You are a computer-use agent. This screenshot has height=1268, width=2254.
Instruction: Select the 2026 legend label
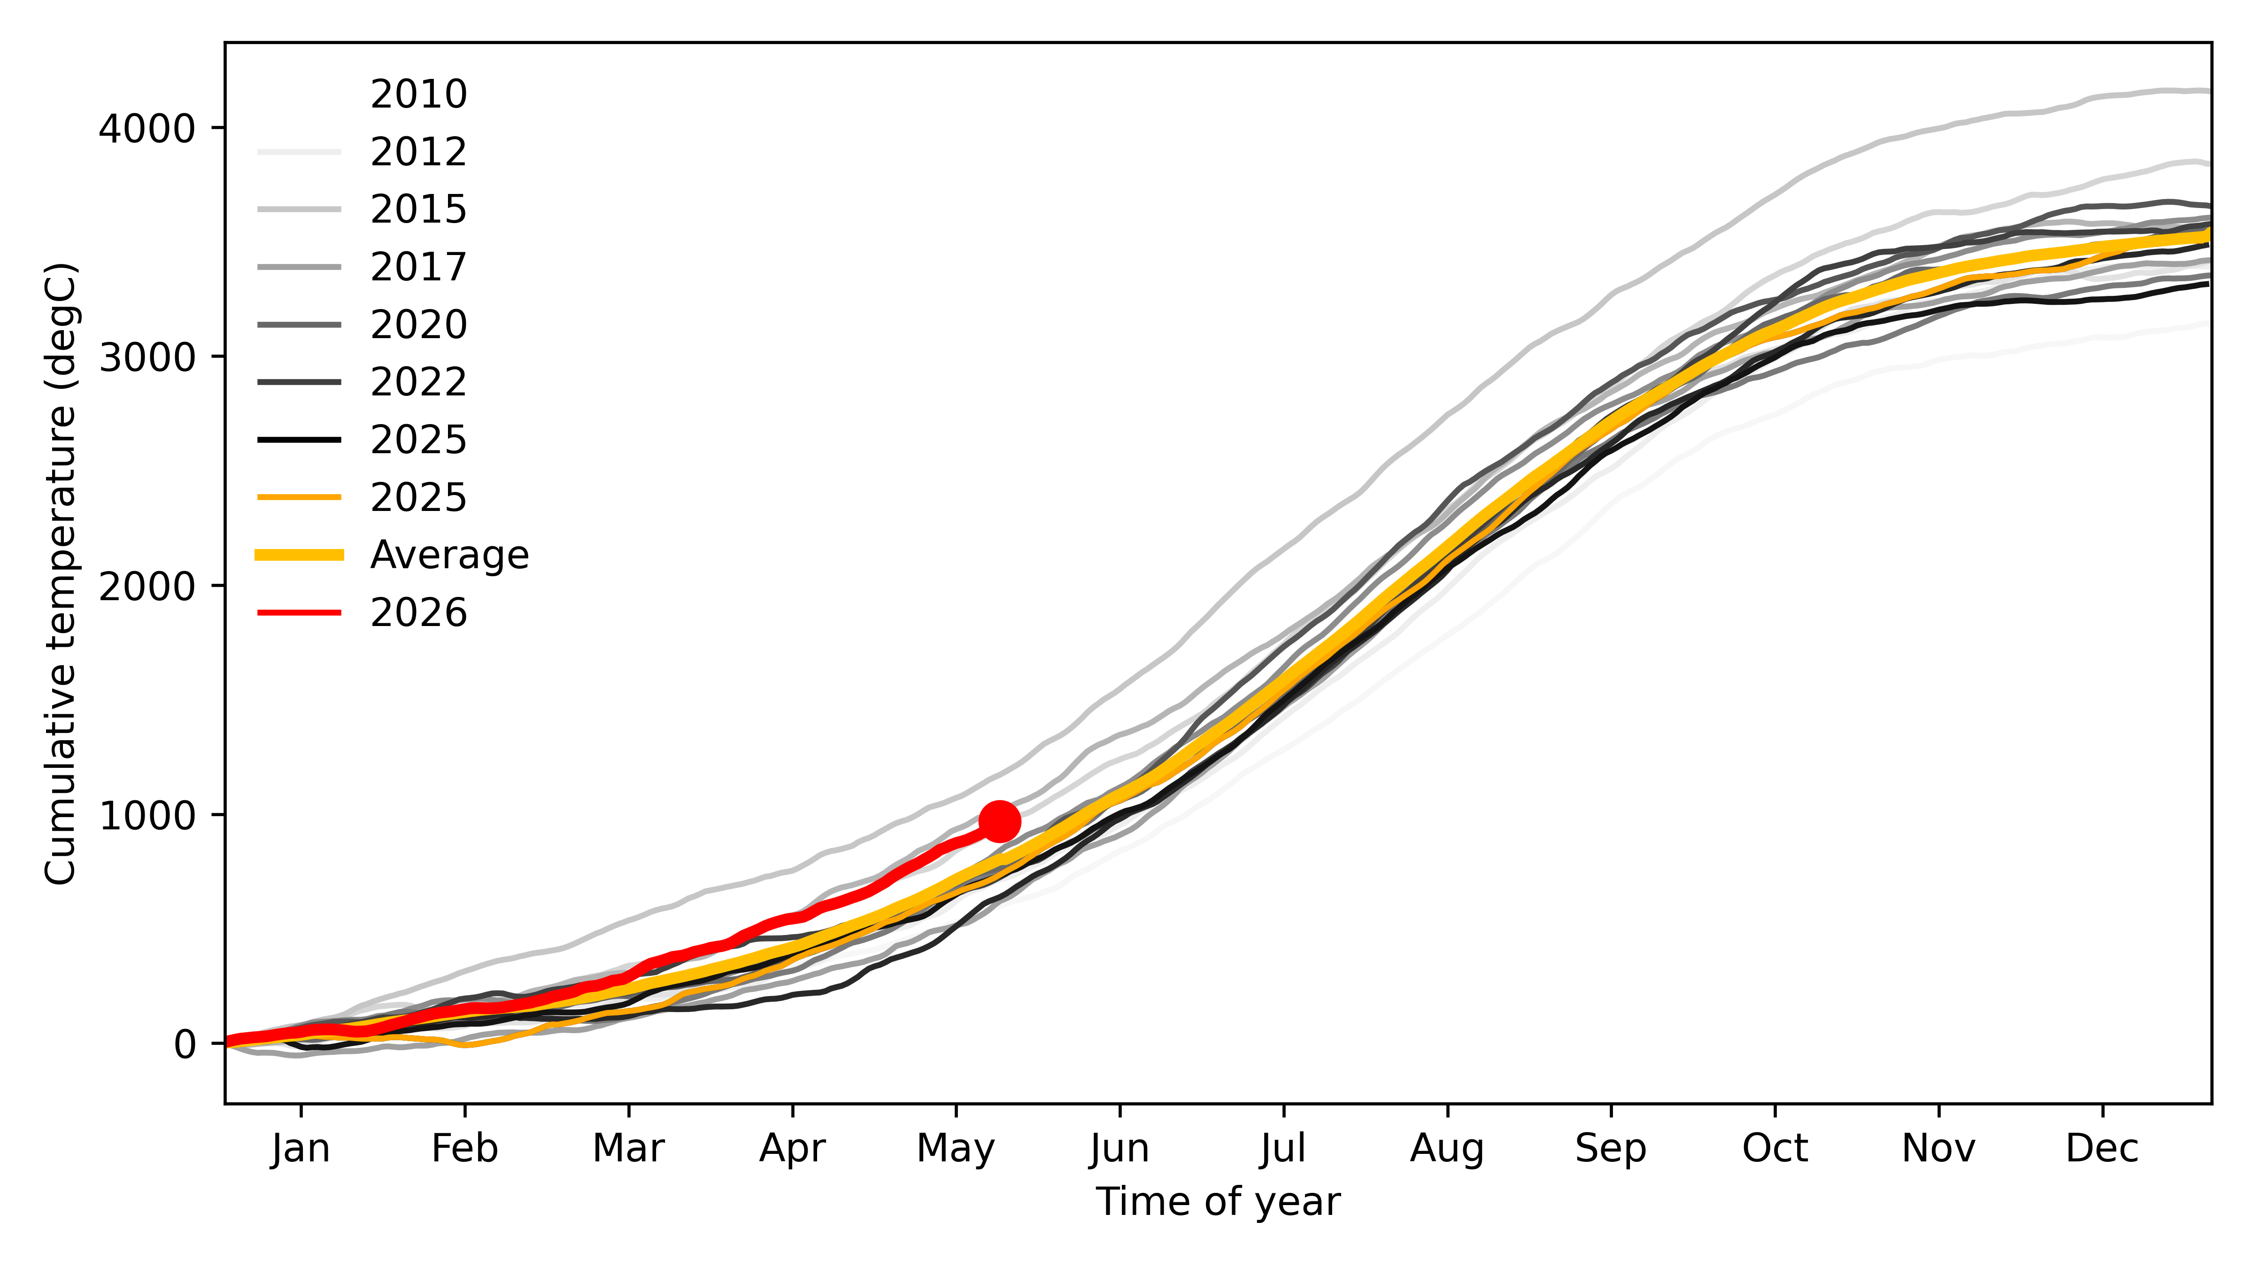pyautogui.click(x=418, y=612)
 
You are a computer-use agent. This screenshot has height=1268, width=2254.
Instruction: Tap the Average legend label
pyautogui.click(x=450, y=555)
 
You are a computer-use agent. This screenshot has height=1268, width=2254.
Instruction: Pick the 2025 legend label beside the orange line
pyautogui.click(x=418, y=497)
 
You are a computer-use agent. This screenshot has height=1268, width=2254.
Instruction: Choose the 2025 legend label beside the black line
pyautogui.click(x=418, y=439)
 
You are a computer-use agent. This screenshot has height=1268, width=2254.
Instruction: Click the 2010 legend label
pyautogui.click(x=418, y=93)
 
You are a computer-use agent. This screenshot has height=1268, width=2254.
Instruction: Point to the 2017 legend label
pyautogui.click(x=418, y=266)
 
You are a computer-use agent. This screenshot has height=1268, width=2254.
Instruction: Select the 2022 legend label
pyautogui.click(x=418, y=381)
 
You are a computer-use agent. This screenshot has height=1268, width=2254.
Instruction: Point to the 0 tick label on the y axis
pyautogui.click(x=185, y=1044)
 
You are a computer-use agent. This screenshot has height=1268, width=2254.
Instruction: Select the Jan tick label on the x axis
pyautogui.click(x=301, y=1148)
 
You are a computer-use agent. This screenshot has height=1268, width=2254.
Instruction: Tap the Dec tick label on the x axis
pyautogui.click(x=2103, y=1148)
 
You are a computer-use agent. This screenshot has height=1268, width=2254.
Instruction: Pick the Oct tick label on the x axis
pyautogui.click(x=1775, y=1148)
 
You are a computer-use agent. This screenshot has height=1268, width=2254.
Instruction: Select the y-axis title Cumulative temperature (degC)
pyautogui.click(x=61, y=573)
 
